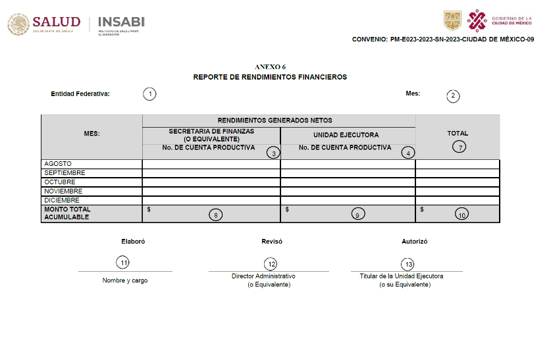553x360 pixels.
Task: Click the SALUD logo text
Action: click(56, 22)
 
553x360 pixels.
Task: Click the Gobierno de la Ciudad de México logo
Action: click(498, 20)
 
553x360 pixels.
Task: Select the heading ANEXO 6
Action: click(270, 67)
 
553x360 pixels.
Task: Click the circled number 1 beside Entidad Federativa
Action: click(150, 93)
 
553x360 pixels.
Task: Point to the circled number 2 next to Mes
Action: click(453, 95)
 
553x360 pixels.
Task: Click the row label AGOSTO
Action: click(58, 164)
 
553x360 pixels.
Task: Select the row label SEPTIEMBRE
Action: click(65, 173)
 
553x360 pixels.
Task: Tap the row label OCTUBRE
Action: click(60, 182)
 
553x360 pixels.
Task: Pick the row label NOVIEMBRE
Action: click(63, 192)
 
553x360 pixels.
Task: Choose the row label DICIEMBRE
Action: click(62, 200)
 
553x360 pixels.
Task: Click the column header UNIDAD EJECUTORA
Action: click(346, 135)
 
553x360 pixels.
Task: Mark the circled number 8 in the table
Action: click(215, 215)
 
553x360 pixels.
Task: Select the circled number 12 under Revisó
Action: click(270, 264)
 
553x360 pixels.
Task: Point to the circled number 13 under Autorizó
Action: click(409, 264)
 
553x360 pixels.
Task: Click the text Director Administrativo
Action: click(263, 276)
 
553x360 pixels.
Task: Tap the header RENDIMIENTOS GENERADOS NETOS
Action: click(275, 120)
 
